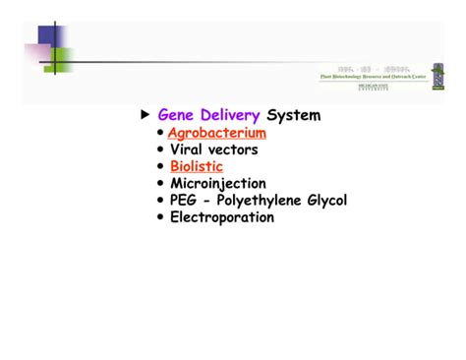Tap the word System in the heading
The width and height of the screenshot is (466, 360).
click(293, 116)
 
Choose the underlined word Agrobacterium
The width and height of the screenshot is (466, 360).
click(216, 134)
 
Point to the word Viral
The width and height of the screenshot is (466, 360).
click(188, 150)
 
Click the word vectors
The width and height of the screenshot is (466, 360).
click(233, 150)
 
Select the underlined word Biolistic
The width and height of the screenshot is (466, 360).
click(196, 167)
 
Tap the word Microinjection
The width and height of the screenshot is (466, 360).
click(217, 184)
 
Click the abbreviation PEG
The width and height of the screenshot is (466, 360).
click(185, 201)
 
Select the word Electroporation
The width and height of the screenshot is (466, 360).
click(221, 217)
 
